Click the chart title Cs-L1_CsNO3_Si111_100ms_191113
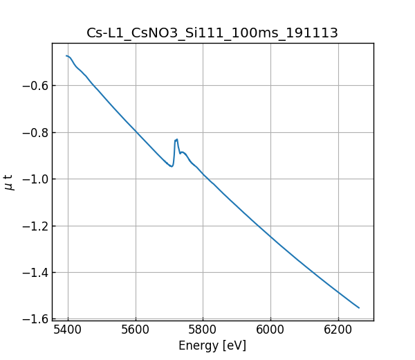[x=212, y=33]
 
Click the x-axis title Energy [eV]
[x=212, y=345]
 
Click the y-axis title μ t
[x=9, y=182]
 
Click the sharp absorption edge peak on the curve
[x=177, y=139]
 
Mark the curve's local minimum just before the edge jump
[x=171, y=166]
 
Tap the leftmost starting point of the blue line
[x=66, y=55]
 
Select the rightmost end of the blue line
[x=359, y=307]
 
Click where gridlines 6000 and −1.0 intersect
[x=270, y=179]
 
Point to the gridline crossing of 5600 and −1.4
[x=136, y=272]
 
